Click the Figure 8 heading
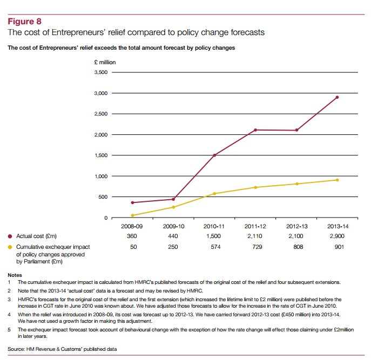point(24,22)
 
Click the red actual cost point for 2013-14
point(337,97)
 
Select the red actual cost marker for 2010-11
point(214,155)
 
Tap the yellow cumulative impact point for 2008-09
point(132,215)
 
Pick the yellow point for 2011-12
point(255,187)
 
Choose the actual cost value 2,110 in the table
point(255,236)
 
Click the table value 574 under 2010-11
point(214,247)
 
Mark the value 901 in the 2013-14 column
point(337,247)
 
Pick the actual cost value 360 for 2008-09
point(132,236)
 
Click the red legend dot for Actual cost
point(10,236)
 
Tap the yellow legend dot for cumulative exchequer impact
point(10,247)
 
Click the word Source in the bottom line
point(16,349)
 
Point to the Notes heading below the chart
point(15,275)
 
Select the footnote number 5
point(9,329)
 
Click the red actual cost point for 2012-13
point(296,130)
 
